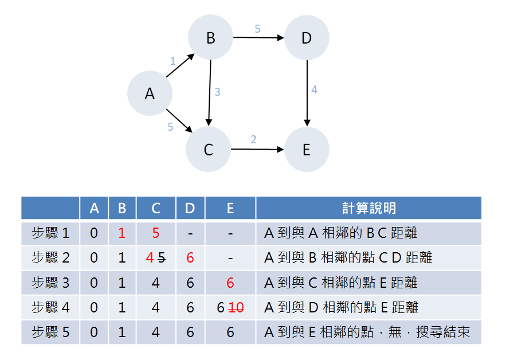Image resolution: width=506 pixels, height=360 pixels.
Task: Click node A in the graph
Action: click(150, 93)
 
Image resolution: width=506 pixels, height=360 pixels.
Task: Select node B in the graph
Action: click(210, 38)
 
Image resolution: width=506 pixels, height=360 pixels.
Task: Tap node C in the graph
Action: click(208, 150)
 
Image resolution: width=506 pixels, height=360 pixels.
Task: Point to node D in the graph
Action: click(307, 38)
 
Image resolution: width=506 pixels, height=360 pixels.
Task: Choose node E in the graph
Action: click(307, 150)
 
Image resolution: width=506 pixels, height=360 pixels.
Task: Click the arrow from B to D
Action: click(258, 38)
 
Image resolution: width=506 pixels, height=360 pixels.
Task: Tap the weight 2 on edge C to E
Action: click(253, 140)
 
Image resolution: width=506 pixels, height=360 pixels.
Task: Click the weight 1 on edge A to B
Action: click(172, 60)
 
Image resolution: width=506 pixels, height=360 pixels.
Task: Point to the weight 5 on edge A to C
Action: click(170, 127)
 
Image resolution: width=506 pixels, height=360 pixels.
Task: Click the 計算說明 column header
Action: click(368, 208)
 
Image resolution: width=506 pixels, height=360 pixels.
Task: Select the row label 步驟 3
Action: click(50, 283)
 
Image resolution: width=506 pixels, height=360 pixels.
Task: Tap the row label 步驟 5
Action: click(50, 332)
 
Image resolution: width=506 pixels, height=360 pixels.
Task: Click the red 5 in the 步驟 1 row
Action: click(156, 233)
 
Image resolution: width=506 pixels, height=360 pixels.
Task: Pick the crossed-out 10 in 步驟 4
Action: click(236, 308)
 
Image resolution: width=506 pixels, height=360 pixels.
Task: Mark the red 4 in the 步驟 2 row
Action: click(150, 258)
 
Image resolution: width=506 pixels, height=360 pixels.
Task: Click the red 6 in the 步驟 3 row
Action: click(230, 283)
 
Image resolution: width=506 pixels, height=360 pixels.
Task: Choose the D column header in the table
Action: click(190, 208)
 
